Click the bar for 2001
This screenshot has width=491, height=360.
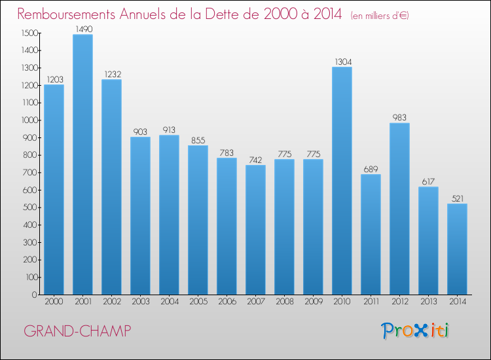pyautogui.click(x=82, y=164)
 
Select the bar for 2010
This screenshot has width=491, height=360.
pyautogui.click(x=342, y=181)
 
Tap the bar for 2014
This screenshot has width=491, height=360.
pyautogui.click(x=457, y=249)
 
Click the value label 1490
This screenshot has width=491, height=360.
pyautogui.click(x=82, y=29)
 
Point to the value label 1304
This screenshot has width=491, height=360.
pyautogui.click(x=342, y=62)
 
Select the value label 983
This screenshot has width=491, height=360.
pyautogui.click(x=399, y=118)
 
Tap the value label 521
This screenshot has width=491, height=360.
pyautogui.click(x=457, y=198)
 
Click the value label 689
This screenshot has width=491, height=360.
pyautogui.click(x=371, y=169)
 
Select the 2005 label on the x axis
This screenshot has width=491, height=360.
pyautogui.click(x=198, y=302)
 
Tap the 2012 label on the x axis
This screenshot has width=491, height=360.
pyautogui.click(x=399, y=302)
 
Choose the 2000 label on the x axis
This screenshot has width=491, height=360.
pyautogui.click(x=54, y=302)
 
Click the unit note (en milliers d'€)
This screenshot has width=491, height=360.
pyautogui.click(x=380, y=16)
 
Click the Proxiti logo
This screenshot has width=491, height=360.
pyautogui.click(x=416, y=331)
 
